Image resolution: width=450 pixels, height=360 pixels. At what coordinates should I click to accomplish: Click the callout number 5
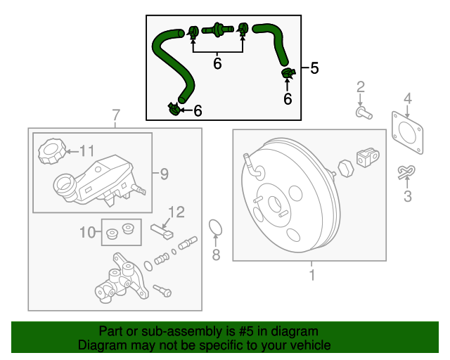click(314, 68)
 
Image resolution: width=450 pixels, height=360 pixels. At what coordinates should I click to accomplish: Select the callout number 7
click(116, 115)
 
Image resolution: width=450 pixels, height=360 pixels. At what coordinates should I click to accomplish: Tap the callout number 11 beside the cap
click(86, 150)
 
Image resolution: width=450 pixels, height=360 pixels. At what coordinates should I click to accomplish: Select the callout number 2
click(361, 87)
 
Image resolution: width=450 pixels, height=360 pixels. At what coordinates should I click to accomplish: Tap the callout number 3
click(407, 196)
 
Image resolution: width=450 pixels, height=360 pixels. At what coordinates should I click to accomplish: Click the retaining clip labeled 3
click(406, 172)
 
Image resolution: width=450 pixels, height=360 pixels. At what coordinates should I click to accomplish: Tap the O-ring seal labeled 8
click(217, 228)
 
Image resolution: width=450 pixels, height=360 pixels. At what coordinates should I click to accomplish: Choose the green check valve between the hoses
click(217, 30)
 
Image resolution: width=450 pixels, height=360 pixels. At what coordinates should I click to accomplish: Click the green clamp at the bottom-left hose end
click(174, 109)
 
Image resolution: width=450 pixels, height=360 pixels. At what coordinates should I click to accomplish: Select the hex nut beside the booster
click(345, 169)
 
